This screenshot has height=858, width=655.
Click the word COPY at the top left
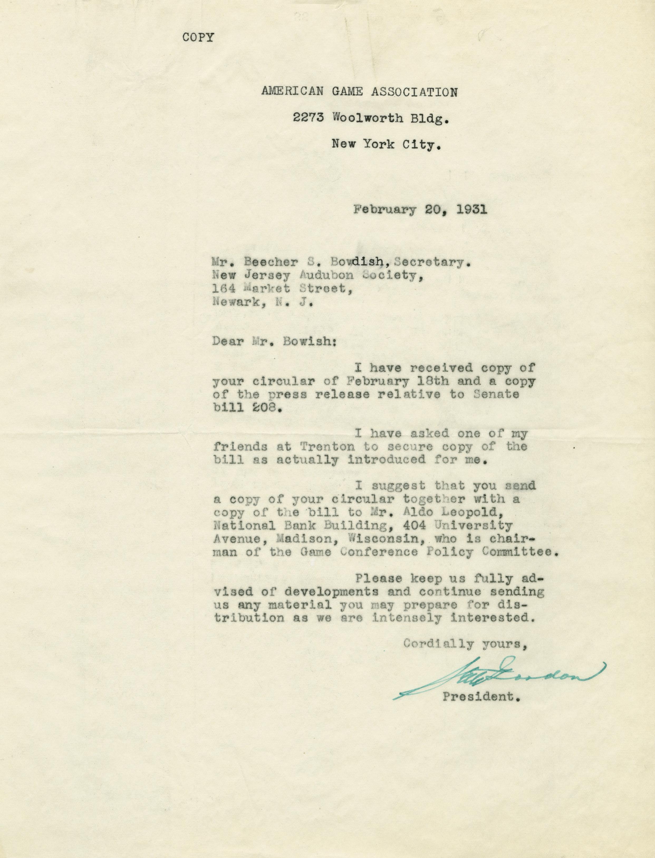198,37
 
